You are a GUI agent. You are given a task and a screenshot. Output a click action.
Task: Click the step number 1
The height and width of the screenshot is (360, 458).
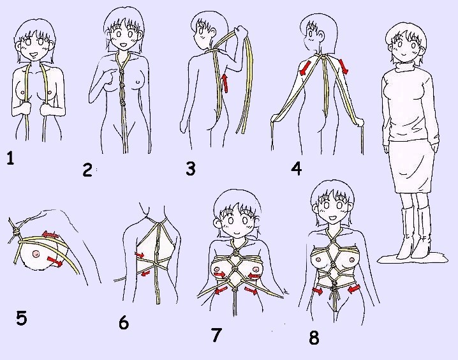click(x=10, y=158)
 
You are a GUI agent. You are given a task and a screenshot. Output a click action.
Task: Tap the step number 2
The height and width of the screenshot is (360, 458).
click(x=87, y=170)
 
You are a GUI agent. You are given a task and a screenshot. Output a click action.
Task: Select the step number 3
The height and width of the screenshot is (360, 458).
click(x=191, y=169)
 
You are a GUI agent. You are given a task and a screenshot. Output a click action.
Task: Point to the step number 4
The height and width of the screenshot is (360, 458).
click(x=296, y=169)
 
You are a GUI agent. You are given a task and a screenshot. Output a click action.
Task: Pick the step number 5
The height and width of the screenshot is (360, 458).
click(x=21, y=319)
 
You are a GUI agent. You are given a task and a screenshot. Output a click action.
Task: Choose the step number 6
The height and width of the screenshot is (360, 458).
click(x=124, y=322)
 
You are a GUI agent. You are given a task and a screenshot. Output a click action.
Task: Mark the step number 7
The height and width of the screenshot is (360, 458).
click(x=216, y=335)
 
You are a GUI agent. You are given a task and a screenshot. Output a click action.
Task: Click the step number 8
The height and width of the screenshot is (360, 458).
click(x=314, y=338)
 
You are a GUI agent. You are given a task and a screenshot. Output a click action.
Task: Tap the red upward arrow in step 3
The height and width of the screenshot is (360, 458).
click(x=225, y=83)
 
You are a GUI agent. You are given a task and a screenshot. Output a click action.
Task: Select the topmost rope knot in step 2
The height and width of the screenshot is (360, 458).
click(x=122, y=71)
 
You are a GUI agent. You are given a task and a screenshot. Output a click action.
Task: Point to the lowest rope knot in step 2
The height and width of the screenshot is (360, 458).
click(x=122, y=103)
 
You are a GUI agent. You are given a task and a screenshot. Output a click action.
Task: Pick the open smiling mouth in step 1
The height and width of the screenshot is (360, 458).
click(x=34, y=54)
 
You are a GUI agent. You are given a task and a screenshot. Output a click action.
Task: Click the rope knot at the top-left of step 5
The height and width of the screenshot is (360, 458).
click(x=16, y=232)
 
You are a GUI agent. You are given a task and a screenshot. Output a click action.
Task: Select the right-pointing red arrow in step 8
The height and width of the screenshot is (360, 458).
click(x=318, y=291)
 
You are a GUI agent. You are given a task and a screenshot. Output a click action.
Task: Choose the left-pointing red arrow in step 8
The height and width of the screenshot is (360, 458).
click(x=354, y=289)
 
